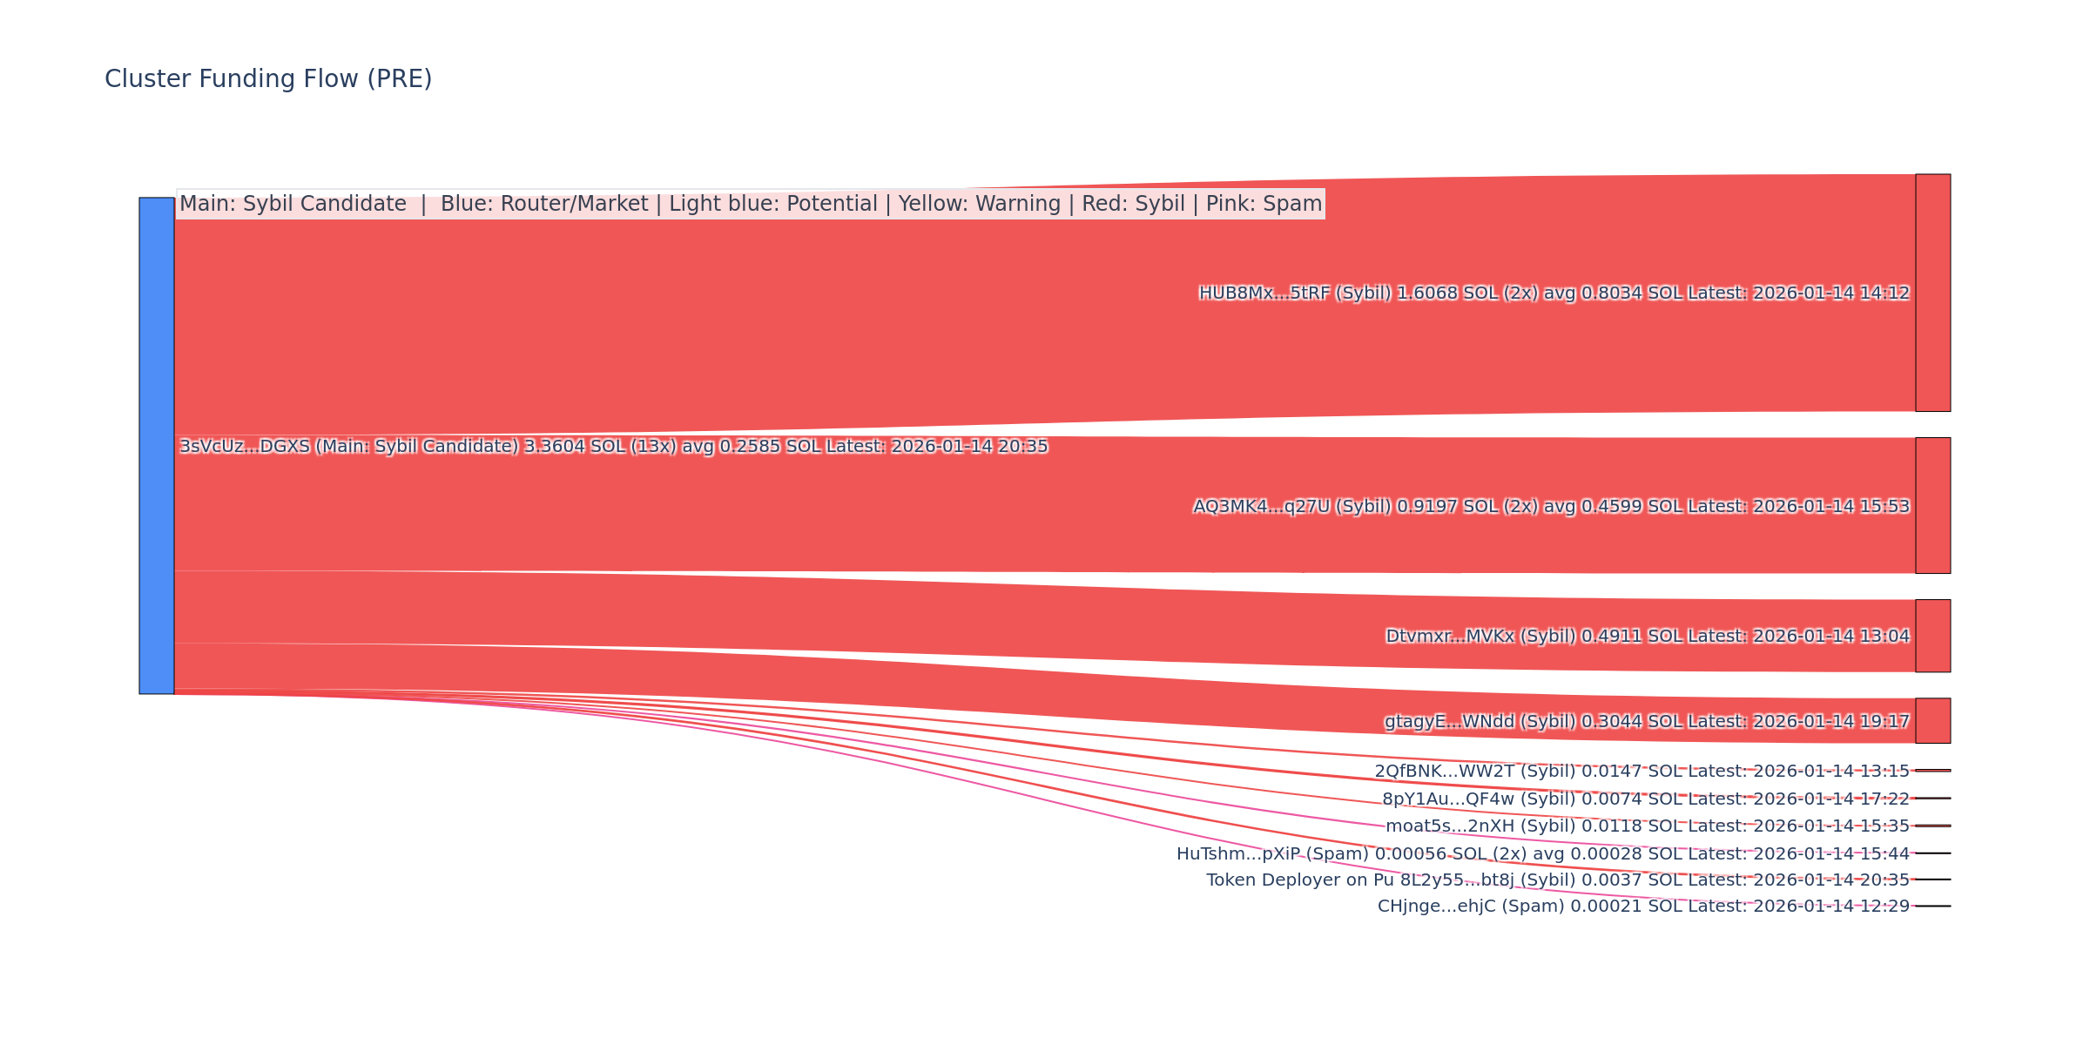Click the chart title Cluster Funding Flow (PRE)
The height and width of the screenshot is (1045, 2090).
[268, 79]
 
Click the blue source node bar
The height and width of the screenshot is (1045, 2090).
[157, 446]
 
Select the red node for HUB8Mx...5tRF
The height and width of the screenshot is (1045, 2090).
[1932, 293]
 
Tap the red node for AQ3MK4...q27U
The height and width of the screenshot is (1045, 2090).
[1932, 506]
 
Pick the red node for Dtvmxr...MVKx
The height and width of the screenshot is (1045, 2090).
[1932, 636]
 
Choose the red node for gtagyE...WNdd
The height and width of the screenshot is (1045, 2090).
[1932, 721]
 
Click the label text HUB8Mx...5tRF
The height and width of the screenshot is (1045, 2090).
[1250, 293]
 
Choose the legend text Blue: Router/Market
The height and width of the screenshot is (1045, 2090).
[544, 204]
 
